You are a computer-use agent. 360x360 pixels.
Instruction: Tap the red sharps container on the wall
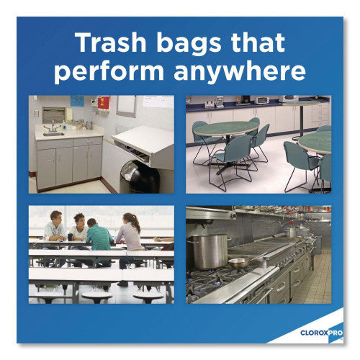(x=103, y=102)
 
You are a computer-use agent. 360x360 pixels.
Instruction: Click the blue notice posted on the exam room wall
(x=77, y=100)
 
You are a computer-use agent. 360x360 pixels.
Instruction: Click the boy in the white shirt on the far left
(x=55, y=228)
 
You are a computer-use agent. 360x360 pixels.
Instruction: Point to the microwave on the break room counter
(x=260, y=99)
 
